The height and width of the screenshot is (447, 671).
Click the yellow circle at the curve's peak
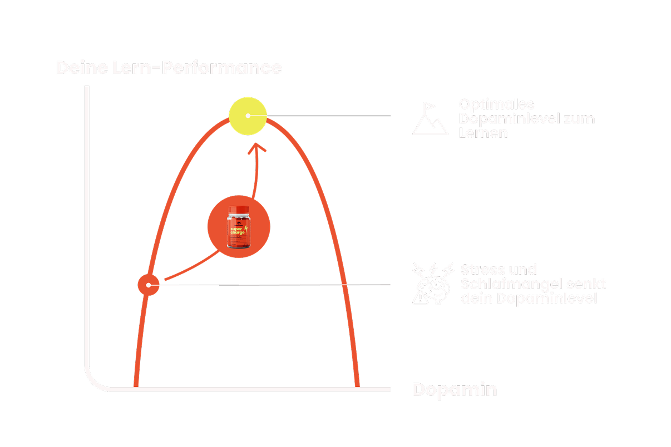(x=248, y=116)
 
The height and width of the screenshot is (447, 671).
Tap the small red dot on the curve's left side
(x=149, y=285)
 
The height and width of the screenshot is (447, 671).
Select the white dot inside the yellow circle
(x=248, y=116)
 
